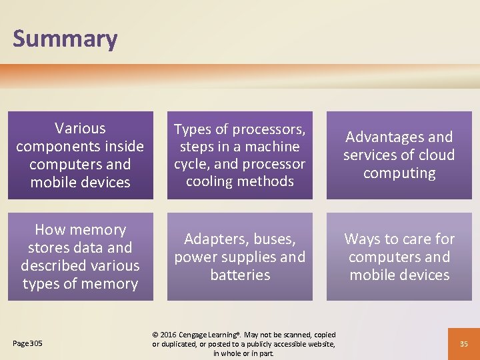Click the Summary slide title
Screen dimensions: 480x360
[65, 39]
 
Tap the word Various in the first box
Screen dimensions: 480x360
[80, 128]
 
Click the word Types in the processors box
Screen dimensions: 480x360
[193, 129]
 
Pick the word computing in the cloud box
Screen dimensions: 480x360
[399, 173]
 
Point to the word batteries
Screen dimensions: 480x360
[240, 275]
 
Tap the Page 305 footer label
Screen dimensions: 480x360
[27, 343]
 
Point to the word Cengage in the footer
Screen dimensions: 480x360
[201, 335]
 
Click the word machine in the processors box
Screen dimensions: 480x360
[271, 147]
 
